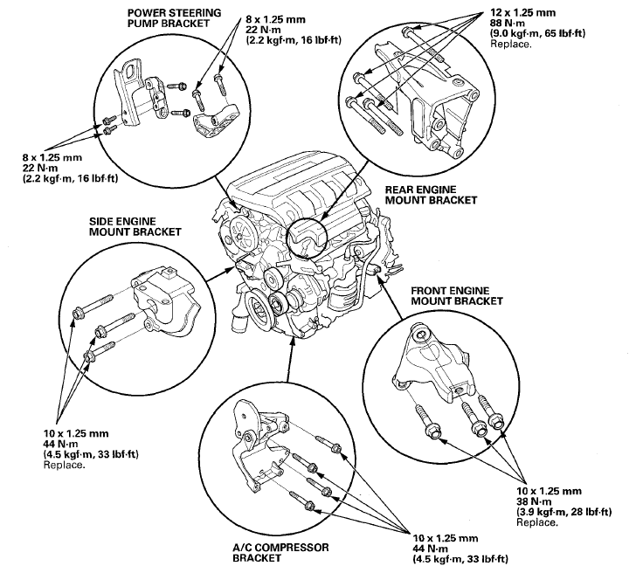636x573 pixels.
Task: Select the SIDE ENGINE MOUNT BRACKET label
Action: click(135, 227)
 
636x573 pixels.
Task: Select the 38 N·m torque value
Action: click(534, 503)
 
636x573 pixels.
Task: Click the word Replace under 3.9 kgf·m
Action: click(536, 522)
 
